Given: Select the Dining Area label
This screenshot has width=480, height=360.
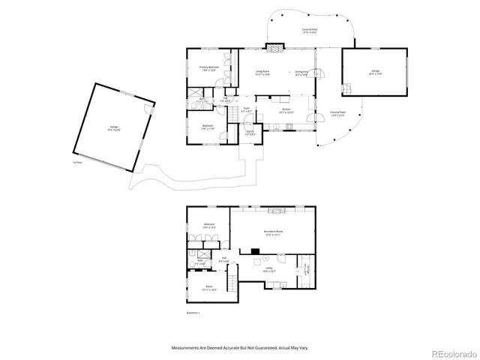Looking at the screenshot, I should [x=301, y=73].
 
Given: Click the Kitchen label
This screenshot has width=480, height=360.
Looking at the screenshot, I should [x=286, y=110].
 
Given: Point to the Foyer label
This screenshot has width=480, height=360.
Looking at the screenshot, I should [x=245, y=109].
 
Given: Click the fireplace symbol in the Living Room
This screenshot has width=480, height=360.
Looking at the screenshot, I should [x=276, y=49].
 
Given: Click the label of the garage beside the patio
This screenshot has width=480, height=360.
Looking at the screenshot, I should [x=374, y=72].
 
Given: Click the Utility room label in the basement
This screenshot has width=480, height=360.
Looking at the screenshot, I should [x=268, y=268].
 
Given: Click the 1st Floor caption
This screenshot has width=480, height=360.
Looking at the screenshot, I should [x=76, y=161].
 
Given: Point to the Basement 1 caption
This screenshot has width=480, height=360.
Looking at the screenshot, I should [x=193, y=313].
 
